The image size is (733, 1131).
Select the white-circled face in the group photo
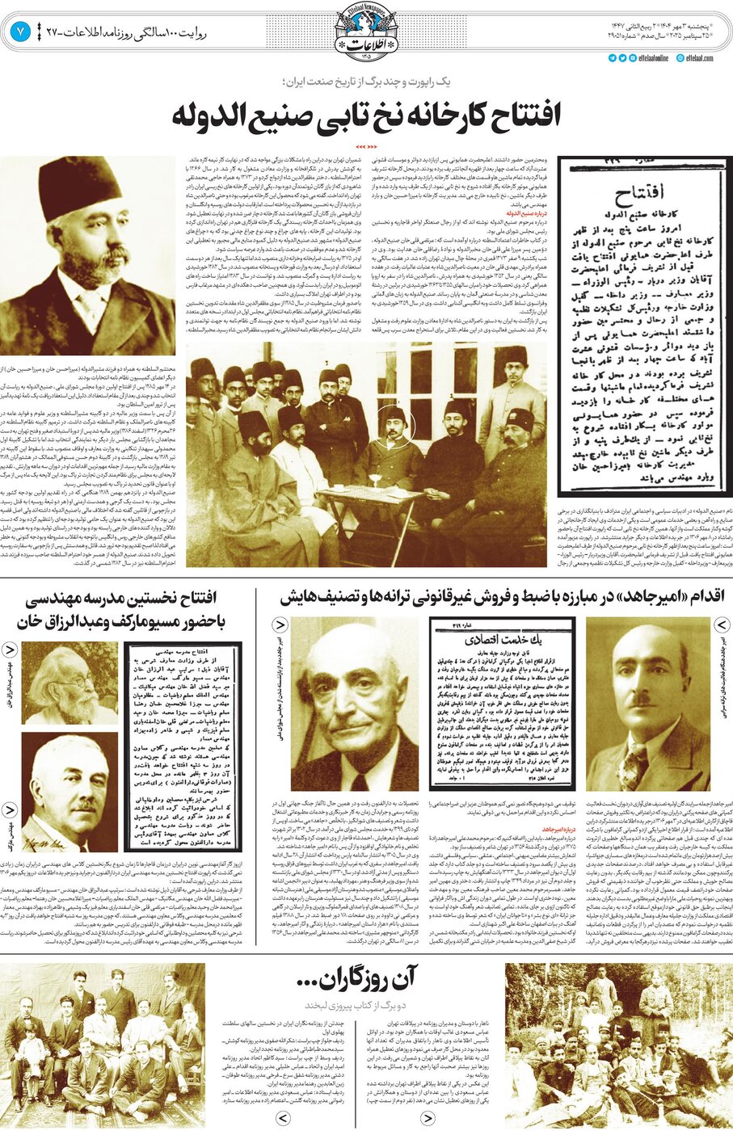[394, 423]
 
